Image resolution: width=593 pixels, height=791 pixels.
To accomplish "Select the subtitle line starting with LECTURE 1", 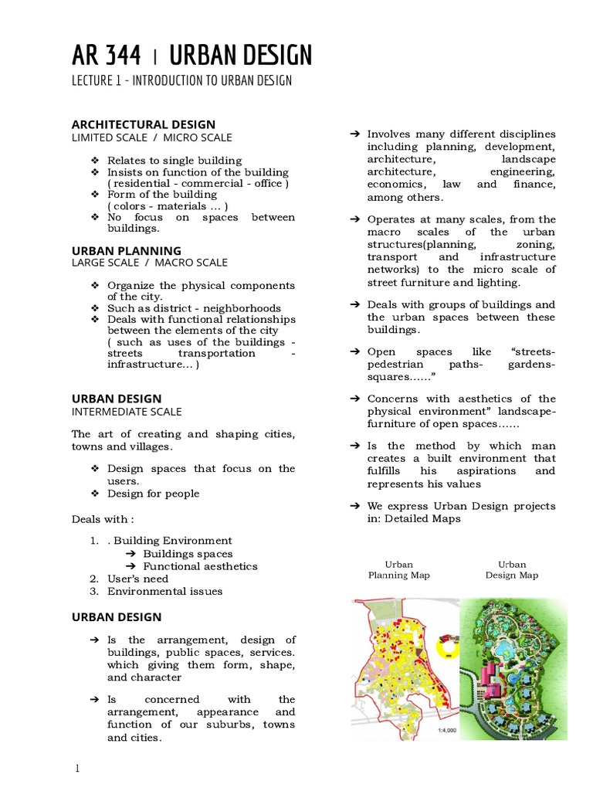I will click(181, 80).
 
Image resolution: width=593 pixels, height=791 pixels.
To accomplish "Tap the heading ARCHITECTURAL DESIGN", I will click(144, 124).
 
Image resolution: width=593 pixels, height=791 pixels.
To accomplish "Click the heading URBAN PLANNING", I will click(127, 250).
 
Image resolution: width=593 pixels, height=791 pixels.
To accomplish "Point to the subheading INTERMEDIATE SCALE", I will click(127, 412).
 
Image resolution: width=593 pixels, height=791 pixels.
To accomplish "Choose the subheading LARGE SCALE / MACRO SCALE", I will click(150, 263).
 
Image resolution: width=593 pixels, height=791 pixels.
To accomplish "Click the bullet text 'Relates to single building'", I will click(175, 160).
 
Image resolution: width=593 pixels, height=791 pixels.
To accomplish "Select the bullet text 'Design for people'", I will click(153, 494).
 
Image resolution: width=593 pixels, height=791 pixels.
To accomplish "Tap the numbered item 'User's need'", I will click(137, 579).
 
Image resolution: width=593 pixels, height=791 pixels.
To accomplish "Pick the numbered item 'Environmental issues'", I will click(164, 591).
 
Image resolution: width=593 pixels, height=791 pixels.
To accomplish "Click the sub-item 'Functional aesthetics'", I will click(200, 566).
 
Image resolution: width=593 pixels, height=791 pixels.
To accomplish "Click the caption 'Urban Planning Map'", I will click(399, 570).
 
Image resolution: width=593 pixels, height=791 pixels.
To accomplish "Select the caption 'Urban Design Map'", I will click(512, 570).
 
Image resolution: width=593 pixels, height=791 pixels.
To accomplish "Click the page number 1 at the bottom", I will click(76, 769).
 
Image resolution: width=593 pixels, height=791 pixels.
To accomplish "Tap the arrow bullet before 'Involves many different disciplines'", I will click(355, 134).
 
